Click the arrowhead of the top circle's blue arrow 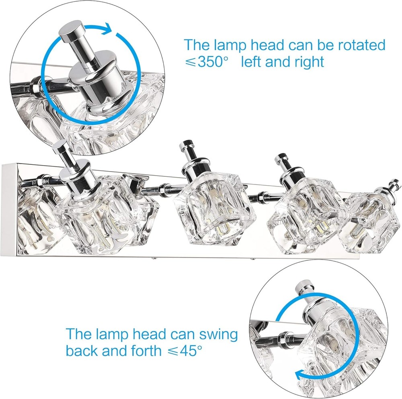(107, 29)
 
